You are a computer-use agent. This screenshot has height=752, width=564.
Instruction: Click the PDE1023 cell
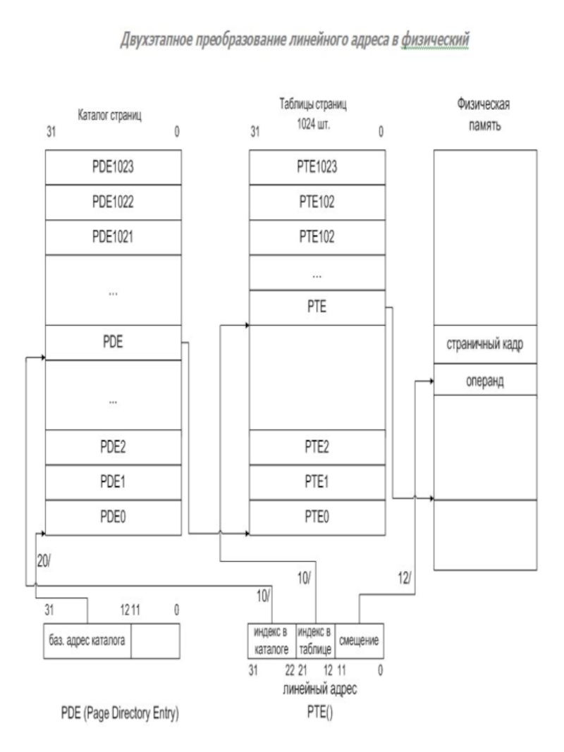pyautogui.click(x=114, y=167)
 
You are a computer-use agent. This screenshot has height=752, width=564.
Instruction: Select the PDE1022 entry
pyautogui.click(x=114, y=202)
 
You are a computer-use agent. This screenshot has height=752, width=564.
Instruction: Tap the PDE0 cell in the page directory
pyautogui.click(x=114, y=517)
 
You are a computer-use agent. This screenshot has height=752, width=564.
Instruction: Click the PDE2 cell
pyautogui.click(x=114, y=447)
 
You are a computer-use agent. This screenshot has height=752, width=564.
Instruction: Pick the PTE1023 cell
pyautogui.click(x=317, y=167)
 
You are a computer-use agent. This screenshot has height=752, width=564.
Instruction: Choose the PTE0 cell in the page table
pyautogui.click(x=317, y=517)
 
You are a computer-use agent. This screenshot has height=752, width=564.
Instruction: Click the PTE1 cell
pyautogui.click(x=317, y=482)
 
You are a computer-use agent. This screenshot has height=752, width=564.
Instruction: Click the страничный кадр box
pyautogui.click(x=485, y=345)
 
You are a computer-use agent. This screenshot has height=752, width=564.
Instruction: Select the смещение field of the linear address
pyautogui.click(x=360, y=641)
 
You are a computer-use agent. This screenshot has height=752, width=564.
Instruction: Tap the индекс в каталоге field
pyautogui.click(x=271, y=641)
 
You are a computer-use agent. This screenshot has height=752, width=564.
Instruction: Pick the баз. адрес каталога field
pyautogui.click(x=87, y=641)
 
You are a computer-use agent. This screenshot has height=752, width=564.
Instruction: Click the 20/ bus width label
pyautogui.click(x=44, y=562)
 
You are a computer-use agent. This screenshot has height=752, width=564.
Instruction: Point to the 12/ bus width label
pyautogui.click(x=404, y=579)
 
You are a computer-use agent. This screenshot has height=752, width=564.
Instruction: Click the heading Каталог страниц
pyautogui.click(x=110, y=116)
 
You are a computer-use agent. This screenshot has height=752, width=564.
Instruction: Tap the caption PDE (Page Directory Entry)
pyautogui.click(x=120, y=714)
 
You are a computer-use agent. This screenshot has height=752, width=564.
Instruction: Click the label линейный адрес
pyautogui.click(x=320, y=689)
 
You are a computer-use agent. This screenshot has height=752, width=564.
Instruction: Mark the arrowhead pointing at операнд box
pyautogui.click(x=431, y=381)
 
